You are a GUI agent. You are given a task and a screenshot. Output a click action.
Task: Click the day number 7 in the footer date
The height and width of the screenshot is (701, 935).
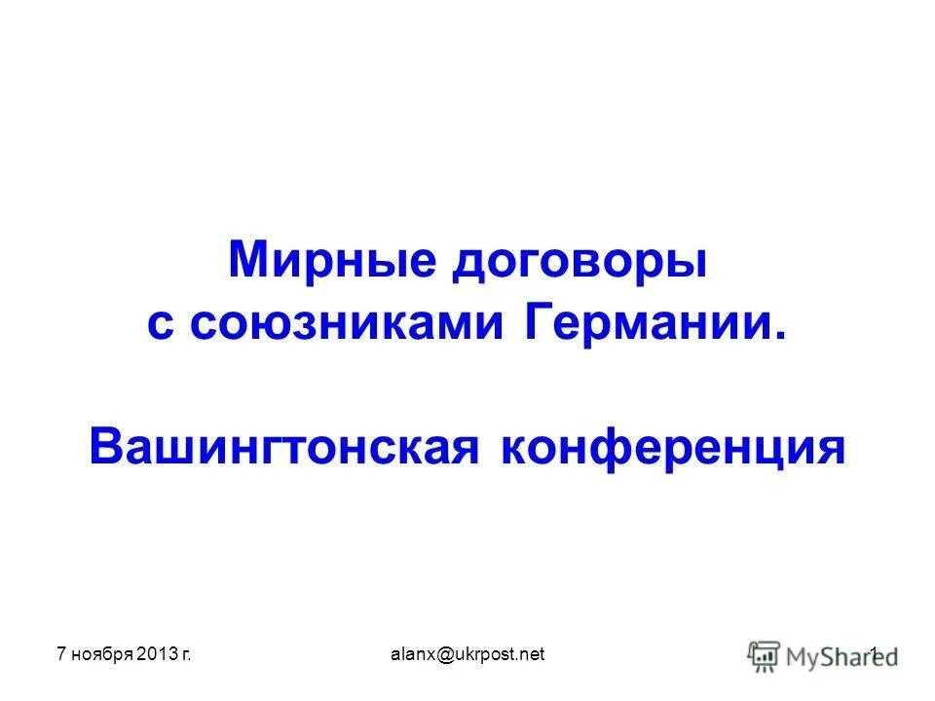tap(59, 654)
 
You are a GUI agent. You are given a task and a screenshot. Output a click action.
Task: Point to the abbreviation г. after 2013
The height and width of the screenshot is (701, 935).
tap(183, 655)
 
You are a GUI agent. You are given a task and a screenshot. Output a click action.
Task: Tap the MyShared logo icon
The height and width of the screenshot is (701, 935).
tap(764, 655)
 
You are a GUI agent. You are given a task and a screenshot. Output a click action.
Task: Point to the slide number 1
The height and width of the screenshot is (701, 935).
tap(874, 654)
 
